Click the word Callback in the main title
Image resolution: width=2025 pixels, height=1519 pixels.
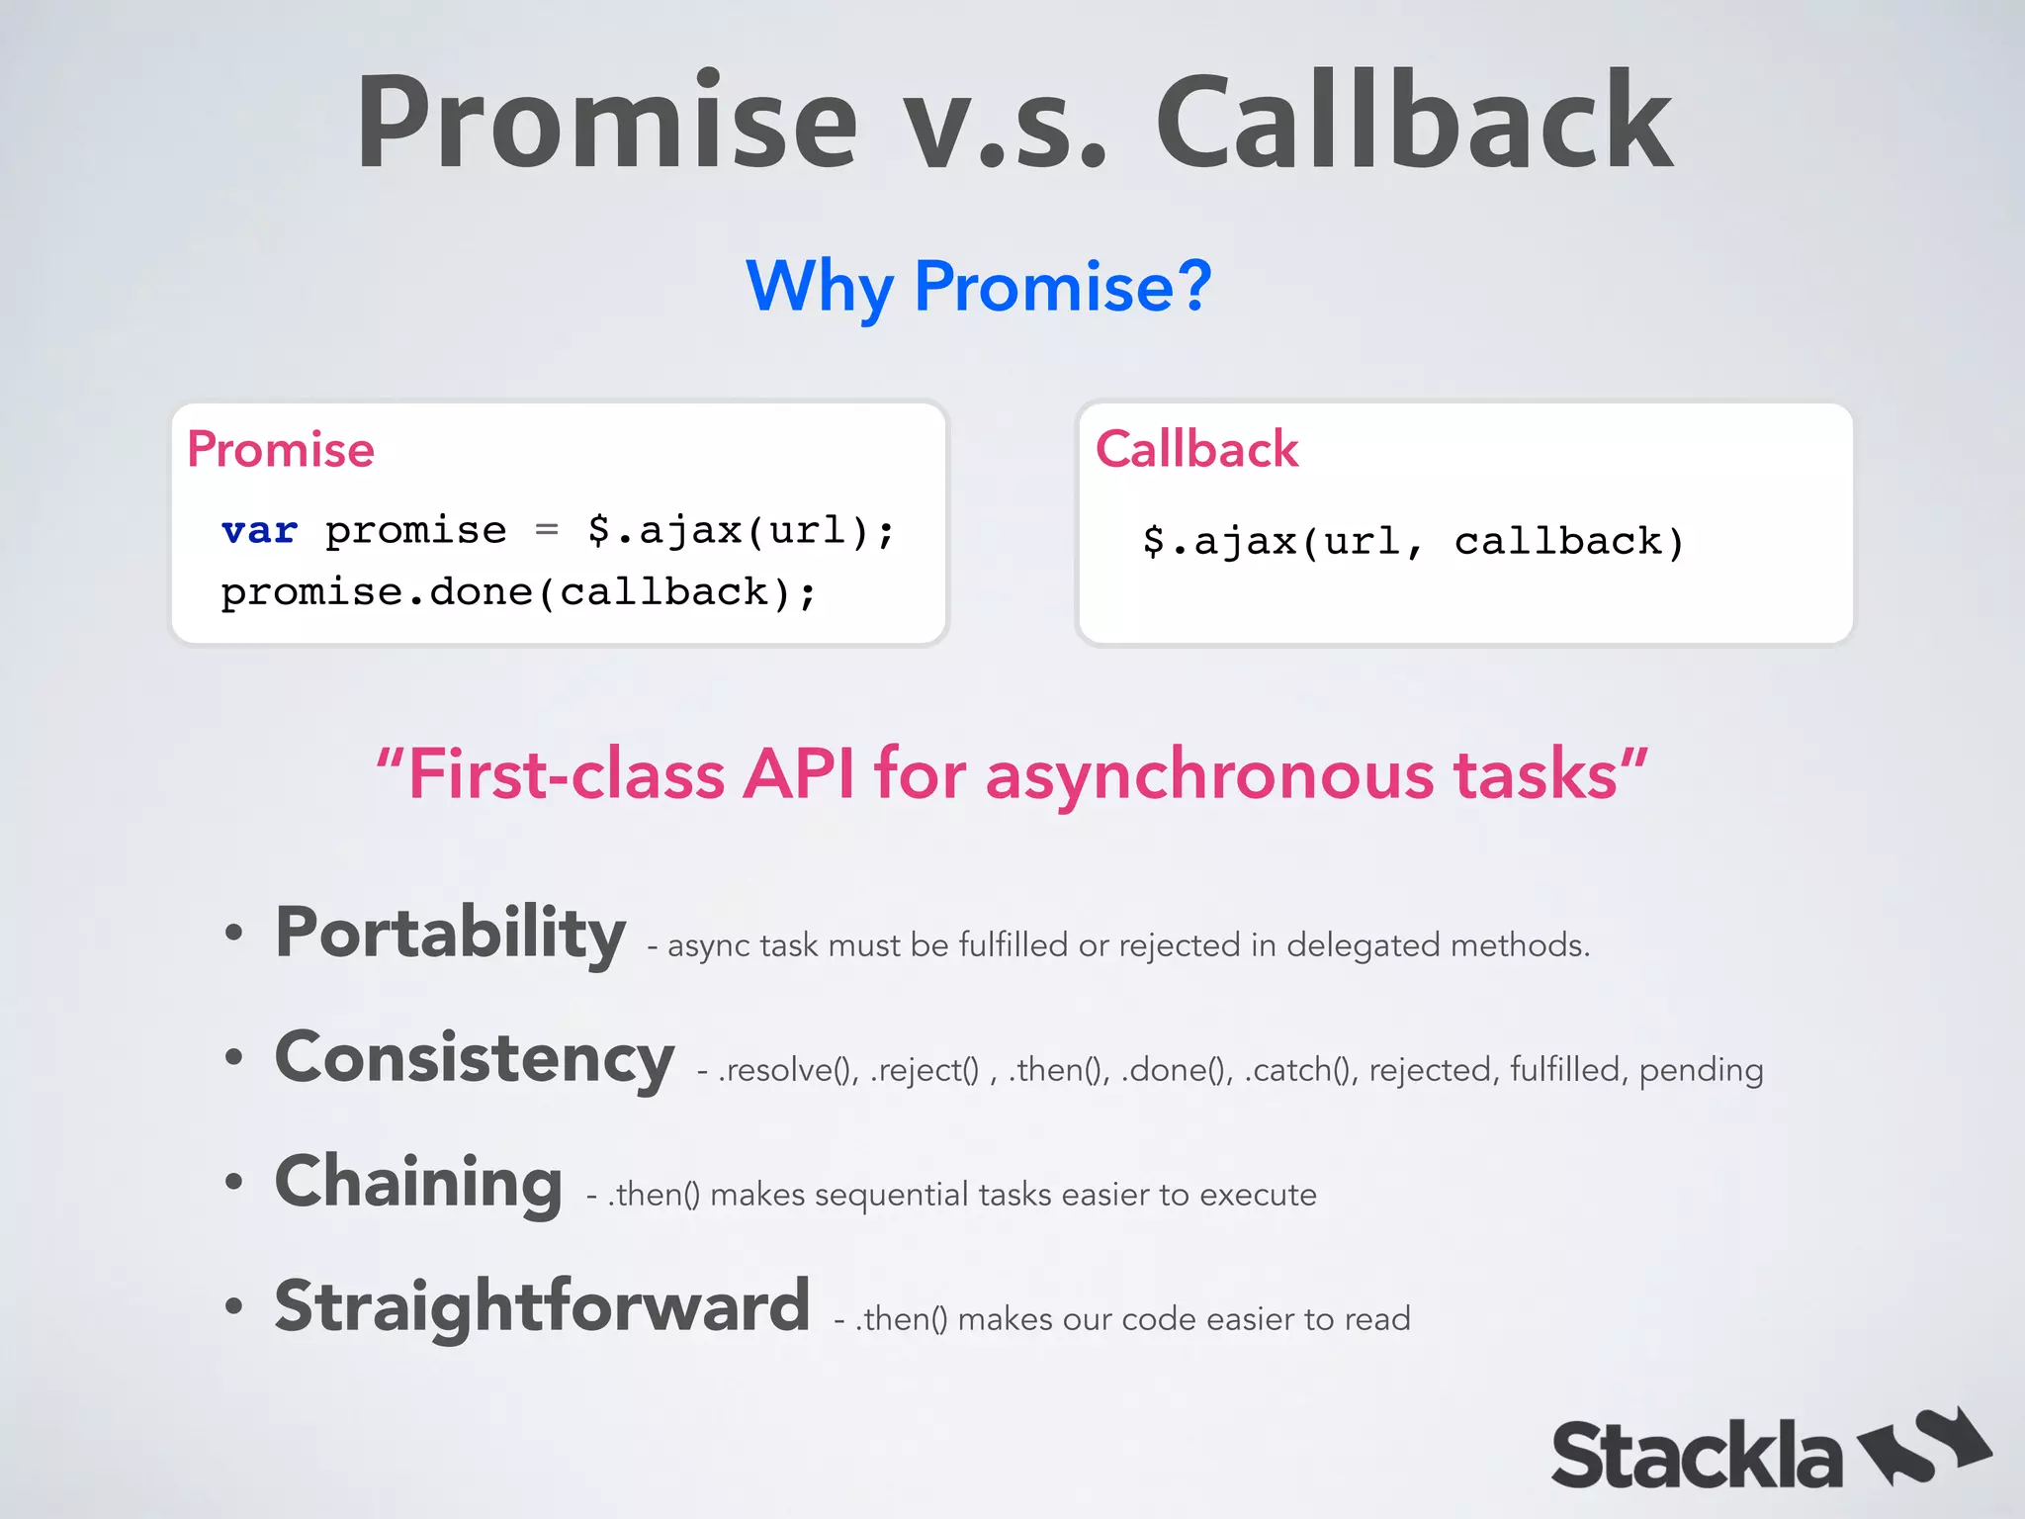pos(1414,124)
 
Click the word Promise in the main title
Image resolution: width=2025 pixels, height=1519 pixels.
pos(606,124)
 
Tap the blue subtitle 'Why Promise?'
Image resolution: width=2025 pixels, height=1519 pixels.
pos(978,287)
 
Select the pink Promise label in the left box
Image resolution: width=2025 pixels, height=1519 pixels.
pos(281,450)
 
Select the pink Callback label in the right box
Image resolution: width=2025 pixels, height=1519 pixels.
pos(1196,450)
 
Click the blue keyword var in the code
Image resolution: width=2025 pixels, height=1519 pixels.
pos(259,531)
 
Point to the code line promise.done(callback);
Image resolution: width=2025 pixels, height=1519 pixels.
pos(518,592)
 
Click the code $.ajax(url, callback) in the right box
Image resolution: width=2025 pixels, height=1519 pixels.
pos(1413,542)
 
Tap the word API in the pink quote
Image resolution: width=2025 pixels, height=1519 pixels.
pos(799,774)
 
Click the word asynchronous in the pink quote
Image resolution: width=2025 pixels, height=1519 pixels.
pos(1209,774)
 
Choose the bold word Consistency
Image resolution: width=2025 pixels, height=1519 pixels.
pos(475,1057)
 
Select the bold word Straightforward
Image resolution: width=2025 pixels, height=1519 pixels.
pos(542,1306)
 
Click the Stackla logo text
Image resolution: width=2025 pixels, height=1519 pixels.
pos(1696,1456)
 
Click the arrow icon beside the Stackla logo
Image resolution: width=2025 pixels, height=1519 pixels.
pos(1924,1446)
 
